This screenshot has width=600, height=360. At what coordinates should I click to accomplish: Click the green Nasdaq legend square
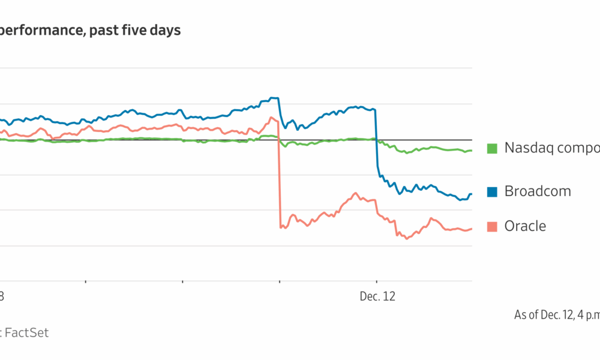[493, 148]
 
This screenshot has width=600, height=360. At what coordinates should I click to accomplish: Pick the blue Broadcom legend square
[493, 192]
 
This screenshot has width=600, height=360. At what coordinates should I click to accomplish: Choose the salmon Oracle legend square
[493, 226]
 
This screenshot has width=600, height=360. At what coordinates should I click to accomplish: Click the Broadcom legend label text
[538, 191]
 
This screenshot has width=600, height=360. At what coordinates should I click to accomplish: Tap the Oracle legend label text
[525, 226]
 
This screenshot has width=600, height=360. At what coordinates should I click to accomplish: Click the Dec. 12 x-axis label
[377, 296]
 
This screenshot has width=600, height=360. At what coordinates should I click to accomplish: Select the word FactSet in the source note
[27, 332]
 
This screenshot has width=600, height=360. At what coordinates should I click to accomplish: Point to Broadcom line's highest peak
[274, 97]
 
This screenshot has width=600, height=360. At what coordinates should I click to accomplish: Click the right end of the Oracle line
[472, 228]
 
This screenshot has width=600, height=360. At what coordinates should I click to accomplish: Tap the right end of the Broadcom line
[472, 194]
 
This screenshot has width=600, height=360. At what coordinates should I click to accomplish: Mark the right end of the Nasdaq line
[472, 150]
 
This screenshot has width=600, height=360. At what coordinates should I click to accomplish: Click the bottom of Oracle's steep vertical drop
[280, 227]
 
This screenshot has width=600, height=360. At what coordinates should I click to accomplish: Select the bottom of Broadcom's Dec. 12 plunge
[379, 175]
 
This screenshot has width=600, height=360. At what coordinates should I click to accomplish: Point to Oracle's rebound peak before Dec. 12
[356, 193]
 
